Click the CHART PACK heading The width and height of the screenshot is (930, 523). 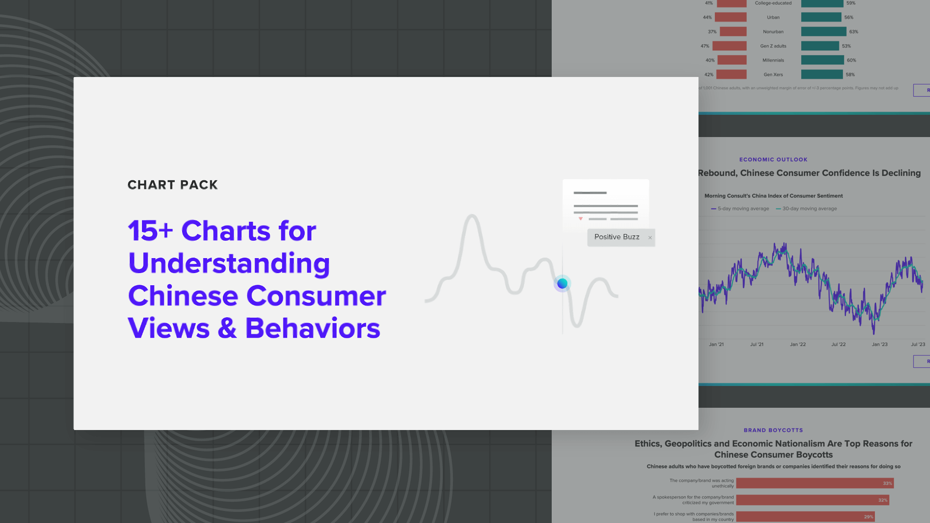click(x=172, y=185)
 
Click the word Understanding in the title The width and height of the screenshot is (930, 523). click(x=229, y=263)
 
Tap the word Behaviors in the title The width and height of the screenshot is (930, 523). click(x=312, y=328)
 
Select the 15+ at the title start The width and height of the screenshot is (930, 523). click(x=150, y=231)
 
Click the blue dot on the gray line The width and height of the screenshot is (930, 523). click(x=562, y=283)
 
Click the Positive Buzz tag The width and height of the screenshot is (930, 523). click(x=617, y=237)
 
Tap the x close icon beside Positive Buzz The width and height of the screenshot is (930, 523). click(x=650, y=238)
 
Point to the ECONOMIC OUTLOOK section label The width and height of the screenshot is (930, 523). click(x=773, y=159)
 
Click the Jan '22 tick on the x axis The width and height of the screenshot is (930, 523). click(x=798, y=344)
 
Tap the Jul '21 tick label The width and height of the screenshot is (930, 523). click(x=757, y=344)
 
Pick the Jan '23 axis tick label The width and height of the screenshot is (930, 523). click(x=880, y=344)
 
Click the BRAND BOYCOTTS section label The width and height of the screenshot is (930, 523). click(x=773, y=430)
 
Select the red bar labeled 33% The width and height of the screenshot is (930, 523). click(x=814, y=483)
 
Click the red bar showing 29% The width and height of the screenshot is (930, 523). click(x=804, y=517)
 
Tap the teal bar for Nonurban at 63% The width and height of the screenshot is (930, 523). click(x=823, y=31)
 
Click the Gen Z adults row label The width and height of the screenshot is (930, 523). click(x=773, y=46)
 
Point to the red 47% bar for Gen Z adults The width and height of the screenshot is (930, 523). click(x=729, y=46)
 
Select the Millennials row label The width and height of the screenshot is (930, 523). click(x=773, y=60)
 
